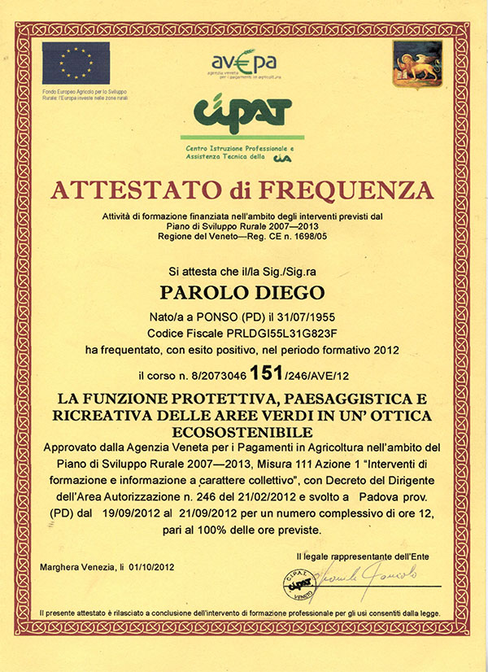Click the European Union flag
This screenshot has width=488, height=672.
pos(76,62)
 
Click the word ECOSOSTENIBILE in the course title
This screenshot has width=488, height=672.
pos(243,430)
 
